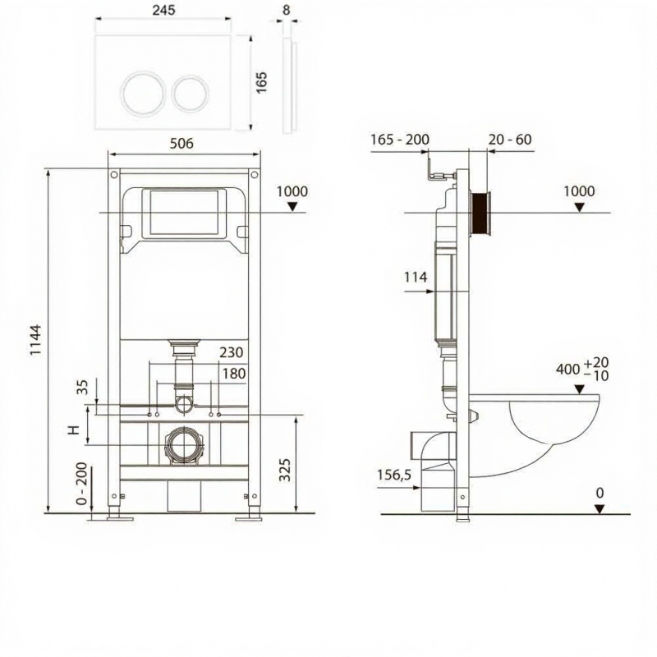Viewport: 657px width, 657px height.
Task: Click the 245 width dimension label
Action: coord(163,10)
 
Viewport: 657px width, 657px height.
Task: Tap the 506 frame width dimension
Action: coord(181,143)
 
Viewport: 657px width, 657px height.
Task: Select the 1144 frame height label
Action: coord(36,340)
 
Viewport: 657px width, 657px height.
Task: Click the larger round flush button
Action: coord(144,93)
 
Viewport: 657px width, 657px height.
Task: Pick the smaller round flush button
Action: coord(191,94)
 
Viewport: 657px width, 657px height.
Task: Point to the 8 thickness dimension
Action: coord(286,10)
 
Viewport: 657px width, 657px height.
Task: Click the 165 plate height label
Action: coord(261,83)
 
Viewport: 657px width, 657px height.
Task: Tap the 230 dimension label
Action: coord(232,352)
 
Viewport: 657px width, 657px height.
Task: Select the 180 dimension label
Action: coord(234,374)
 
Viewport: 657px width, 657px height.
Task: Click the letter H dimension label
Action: coord(74,430)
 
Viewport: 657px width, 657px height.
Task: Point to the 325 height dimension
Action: coord(284,470)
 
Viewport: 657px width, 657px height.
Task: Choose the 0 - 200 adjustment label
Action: coord(82,484)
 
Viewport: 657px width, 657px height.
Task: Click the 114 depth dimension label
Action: coord(416,277)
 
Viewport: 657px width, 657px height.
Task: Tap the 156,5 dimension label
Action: coord(394,476)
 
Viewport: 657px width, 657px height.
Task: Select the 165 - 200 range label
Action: coord(400,139)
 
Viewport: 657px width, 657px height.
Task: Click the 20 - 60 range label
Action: coord(510,139)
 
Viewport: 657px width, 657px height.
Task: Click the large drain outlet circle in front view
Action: coord(184,445)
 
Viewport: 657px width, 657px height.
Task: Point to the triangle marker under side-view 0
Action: coord(600,509)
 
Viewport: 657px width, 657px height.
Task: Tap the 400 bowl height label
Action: coord(567,369)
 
